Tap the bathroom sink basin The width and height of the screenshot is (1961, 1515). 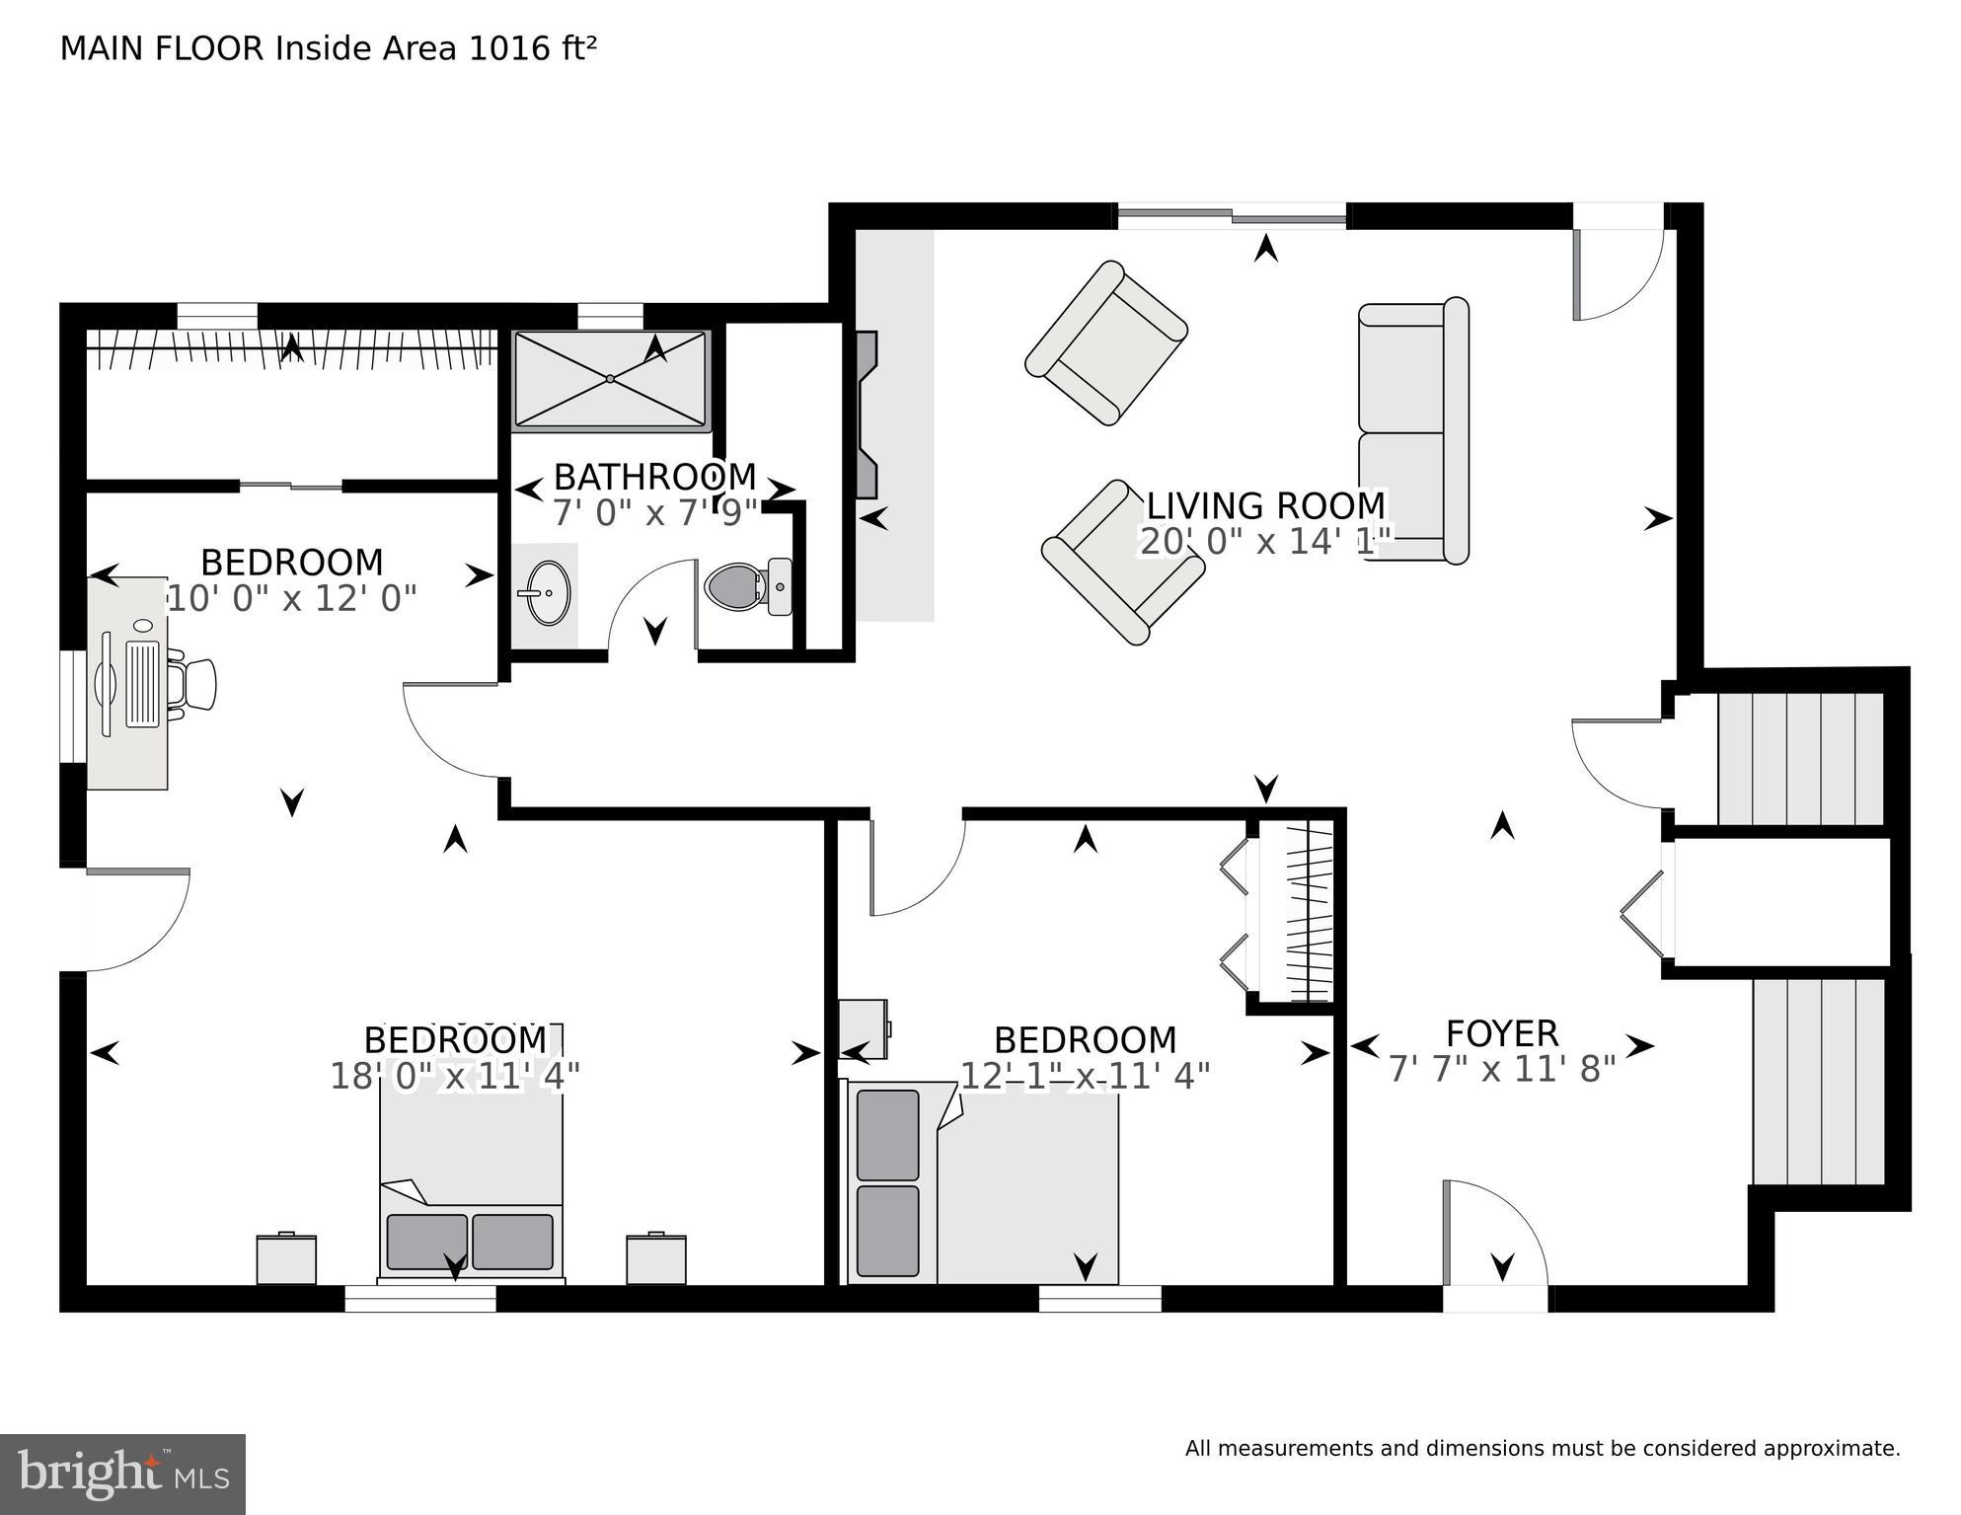[x=544, y=592]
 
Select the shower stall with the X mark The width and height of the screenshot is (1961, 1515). [x=611, y=379]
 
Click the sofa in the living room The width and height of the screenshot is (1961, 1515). [x=1411, y=431]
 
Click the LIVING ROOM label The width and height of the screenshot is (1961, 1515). [x=1265, y=506]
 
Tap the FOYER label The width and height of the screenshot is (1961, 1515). [x=1501, y=1033]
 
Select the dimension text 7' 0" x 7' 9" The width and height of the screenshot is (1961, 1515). [x=655, y=512]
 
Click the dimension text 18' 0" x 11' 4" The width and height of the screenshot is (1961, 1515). [x=455, y=1076]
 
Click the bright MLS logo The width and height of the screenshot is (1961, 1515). [x=122, y=1474]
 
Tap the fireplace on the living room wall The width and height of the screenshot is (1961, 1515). [x=867, y=415]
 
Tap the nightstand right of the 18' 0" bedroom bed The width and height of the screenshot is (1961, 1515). [x=656, y=1258]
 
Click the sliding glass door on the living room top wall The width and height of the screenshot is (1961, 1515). [x=1232, y=215]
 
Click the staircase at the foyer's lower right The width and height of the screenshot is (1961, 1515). [x=1818, y=1081]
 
